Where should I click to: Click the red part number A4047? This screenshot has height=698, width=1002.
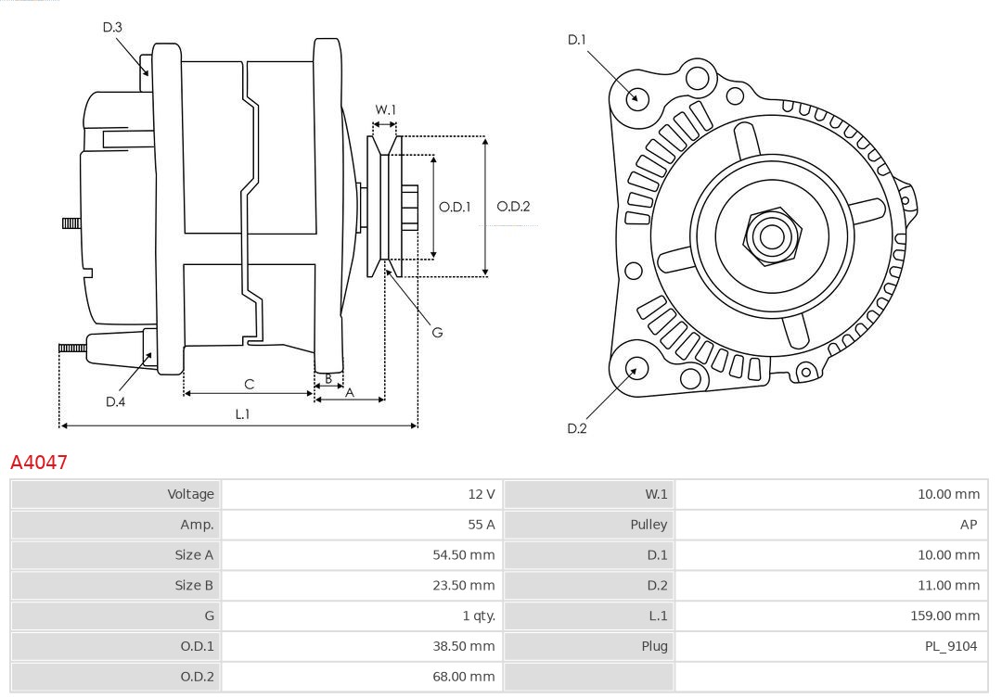(x=39, y=462)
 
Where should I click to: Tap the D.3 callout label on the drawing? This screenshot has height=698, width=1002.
(x=112, y=28)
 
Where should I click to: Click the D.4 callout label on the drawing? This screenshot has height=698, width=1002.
(x=115, y=401)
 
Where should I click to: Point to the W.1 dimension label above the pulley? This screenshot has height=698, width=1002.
(x=385, y=109)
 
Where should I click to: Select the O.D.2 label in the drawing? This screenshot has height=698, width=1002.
(x=513, y=207)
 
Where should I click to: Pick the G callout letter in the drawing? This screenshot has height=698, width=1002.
(x=437, y=332)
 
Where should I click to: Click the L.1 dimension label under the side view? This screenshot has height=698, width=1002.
(x=241, y=414)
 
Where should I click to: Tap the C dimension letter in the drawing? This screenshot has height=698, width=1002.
(x=249, y=384)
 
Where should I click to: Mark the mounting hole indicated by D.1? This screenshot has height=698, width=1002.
(x=637, y=97)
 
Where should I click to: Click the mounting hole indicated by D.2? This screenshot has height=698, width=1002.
(x=636, y=369)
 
